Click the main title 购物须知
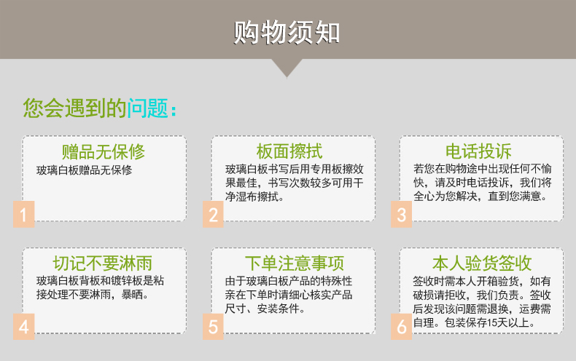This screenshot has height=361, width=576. click(287, 33)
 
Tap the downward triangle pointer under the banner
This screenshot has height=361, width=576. click(287, 68)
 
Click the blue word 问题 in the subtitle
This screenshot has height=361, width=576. click(148, 108)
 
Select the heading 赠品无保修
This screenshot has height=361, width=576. click(104, 151)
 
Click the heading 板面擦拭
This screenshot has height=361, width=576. click(289, 151)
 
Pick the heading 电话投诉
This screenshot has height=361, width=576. click(478, 151)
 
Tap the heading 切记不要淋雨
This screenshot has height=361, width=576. click(103, 263)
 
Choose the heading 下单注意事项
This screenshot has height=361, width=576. click(295, 263)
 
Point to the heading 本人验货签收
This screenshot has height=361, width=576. click(482, 263)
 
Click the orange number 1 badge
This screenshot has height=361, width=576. click(24, 214)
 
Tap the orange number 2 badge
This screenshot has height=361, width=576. click(213, 214)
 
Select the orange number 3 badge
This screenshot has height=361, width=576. click(402, 214)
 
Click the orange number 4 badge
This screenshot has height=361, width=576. click(24, 327)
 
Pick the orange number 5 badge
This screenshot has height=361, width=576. click(213, 327)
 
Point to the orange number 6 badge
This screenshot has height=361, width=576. click(402, 327)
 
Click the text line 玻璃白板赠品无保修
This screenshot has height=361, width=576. click(84, 170)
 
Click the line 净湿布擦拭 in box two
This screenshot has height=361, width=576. click(255, 197)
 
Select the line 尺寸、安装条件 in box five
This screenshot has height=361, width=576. click(265, 309)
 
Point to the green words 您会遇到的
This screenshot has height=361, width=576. click(75, 108)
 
